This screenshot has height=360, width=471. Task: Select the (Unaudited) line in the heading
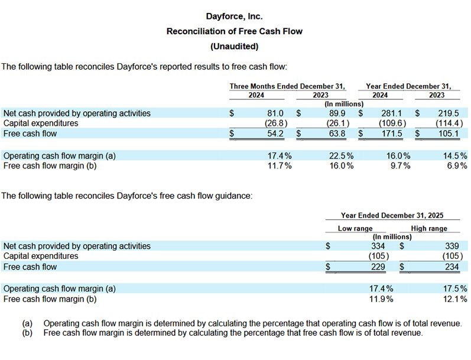[x=235, y=46]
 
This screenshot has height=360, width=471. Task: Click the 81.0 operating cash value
[x=276, y=113]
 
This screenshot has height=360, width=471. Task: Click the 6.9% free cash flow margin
[x=455, y=166]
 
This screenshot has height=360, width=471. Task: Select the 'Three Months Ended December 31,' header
[x=287, y=86]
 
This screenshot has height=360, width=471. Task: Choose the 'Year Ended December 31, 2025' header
[x=392, y=216]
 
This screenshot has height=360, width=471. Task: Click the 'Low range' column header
[x=355, y=228]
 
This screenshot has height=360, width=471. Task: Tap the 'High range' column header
[x=429, y=228]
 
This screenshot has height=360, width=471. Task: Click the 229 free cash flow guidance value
[x=378, y=267]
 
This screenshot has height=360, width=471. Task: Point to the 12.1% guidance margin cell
[x=455, y=299]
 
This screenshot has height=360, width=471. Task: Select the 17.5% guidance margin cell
[x=455, y=288]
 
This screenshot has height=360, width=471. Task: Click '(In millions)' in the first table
[x=343, y=104]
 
